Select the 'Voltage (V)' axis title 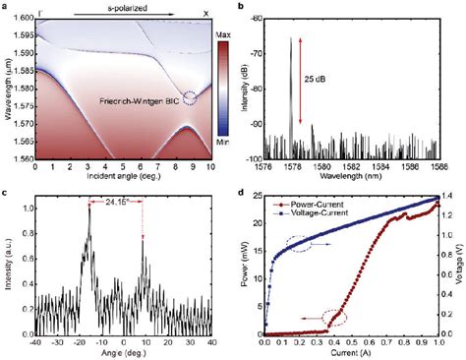[459, 264]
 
